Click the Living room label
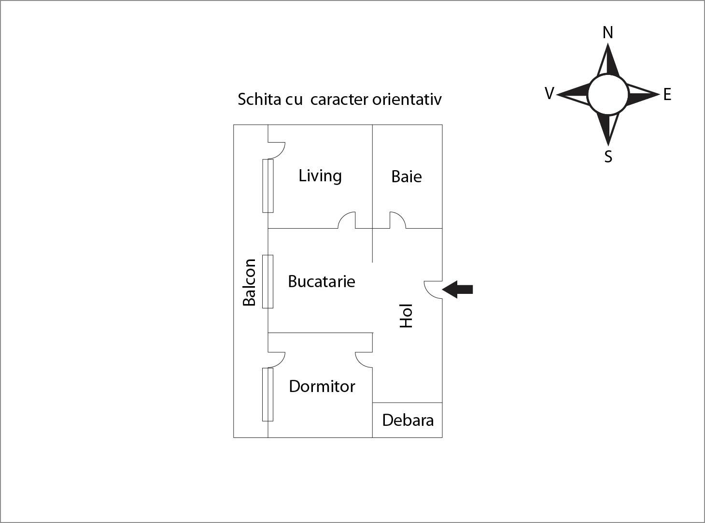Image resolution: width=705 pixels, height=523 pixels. click(320, 176)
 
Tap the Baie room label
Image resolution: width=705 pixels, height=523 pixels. click(407, 176)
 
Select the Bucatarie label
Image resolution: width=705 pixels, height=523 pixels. click(321, 281)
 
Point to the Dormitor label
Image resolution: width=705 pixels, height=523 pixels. click(322, 386)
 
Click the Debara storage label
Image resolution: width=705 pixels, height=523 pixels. click(408, 420)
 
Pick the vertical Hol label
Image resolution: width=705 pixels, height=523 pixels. click(406, 316)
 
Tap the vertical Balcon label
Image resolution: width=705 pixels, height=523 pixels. click(249, 283)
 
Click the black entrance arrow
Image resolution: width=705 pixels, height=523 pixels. click(457, 290)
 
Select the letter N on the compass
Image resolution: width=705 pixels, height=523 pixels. click(608, 32)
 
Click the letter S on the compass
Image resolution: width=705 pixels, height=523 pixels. click(608, 157)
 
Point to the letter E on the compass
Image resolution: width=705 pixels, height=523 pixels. click(667, 95)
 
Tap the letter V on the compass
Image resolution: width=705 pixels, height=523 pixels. click(549, 93)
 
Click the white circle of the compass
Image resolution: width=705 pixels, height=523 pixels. click(608, 94)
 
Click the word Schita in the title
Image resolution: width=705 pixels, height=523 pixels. click(259, 99)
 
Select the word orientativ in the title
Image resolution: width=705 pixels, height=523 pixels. click(407, 99)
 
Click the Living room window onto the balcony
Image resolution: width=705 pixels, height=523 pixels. click(268, 186)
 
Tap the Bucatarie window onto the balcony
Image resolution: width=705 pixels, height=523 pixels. click(268, 281)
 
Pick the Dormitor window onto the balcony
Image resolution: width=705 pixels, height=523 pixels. click(268, 394)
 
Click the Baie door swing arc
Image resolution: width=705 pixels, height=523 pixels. click(397, 220)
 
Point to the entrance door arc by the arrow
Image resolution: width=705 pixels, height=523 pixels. click(433, 290)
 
